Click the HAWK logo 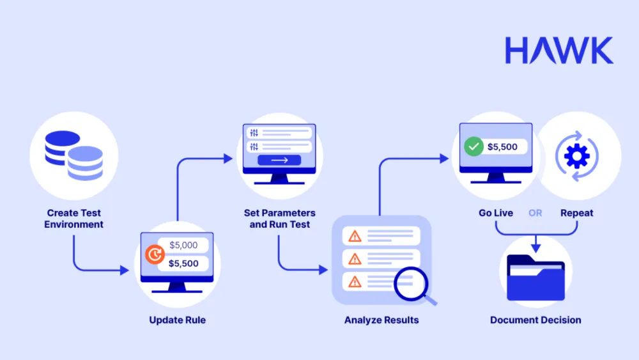pos(558,50)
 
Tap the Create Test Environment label pos(73,219)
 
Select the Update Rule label pos(177,320)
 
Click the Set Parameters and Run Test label pos(279,219)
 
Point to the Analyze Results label pos(382,320)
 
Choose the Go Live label pos(496,213)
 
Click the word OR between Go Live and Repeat pos(535,213)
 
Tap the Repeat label pos(576,213)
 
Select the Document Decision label pos(535,320)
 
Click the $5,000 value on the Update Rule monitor pos(183,245)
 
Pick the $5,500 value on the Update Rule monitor pos(183,263)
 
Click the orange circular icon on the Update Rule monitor pos(154,255)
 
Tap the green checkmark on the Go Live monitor pos(473,146)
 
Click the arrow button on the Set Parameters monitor pos(279,160)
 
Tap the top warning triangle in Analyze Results pos(355,236)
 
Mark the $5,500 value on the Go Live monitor pos(502,146)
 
